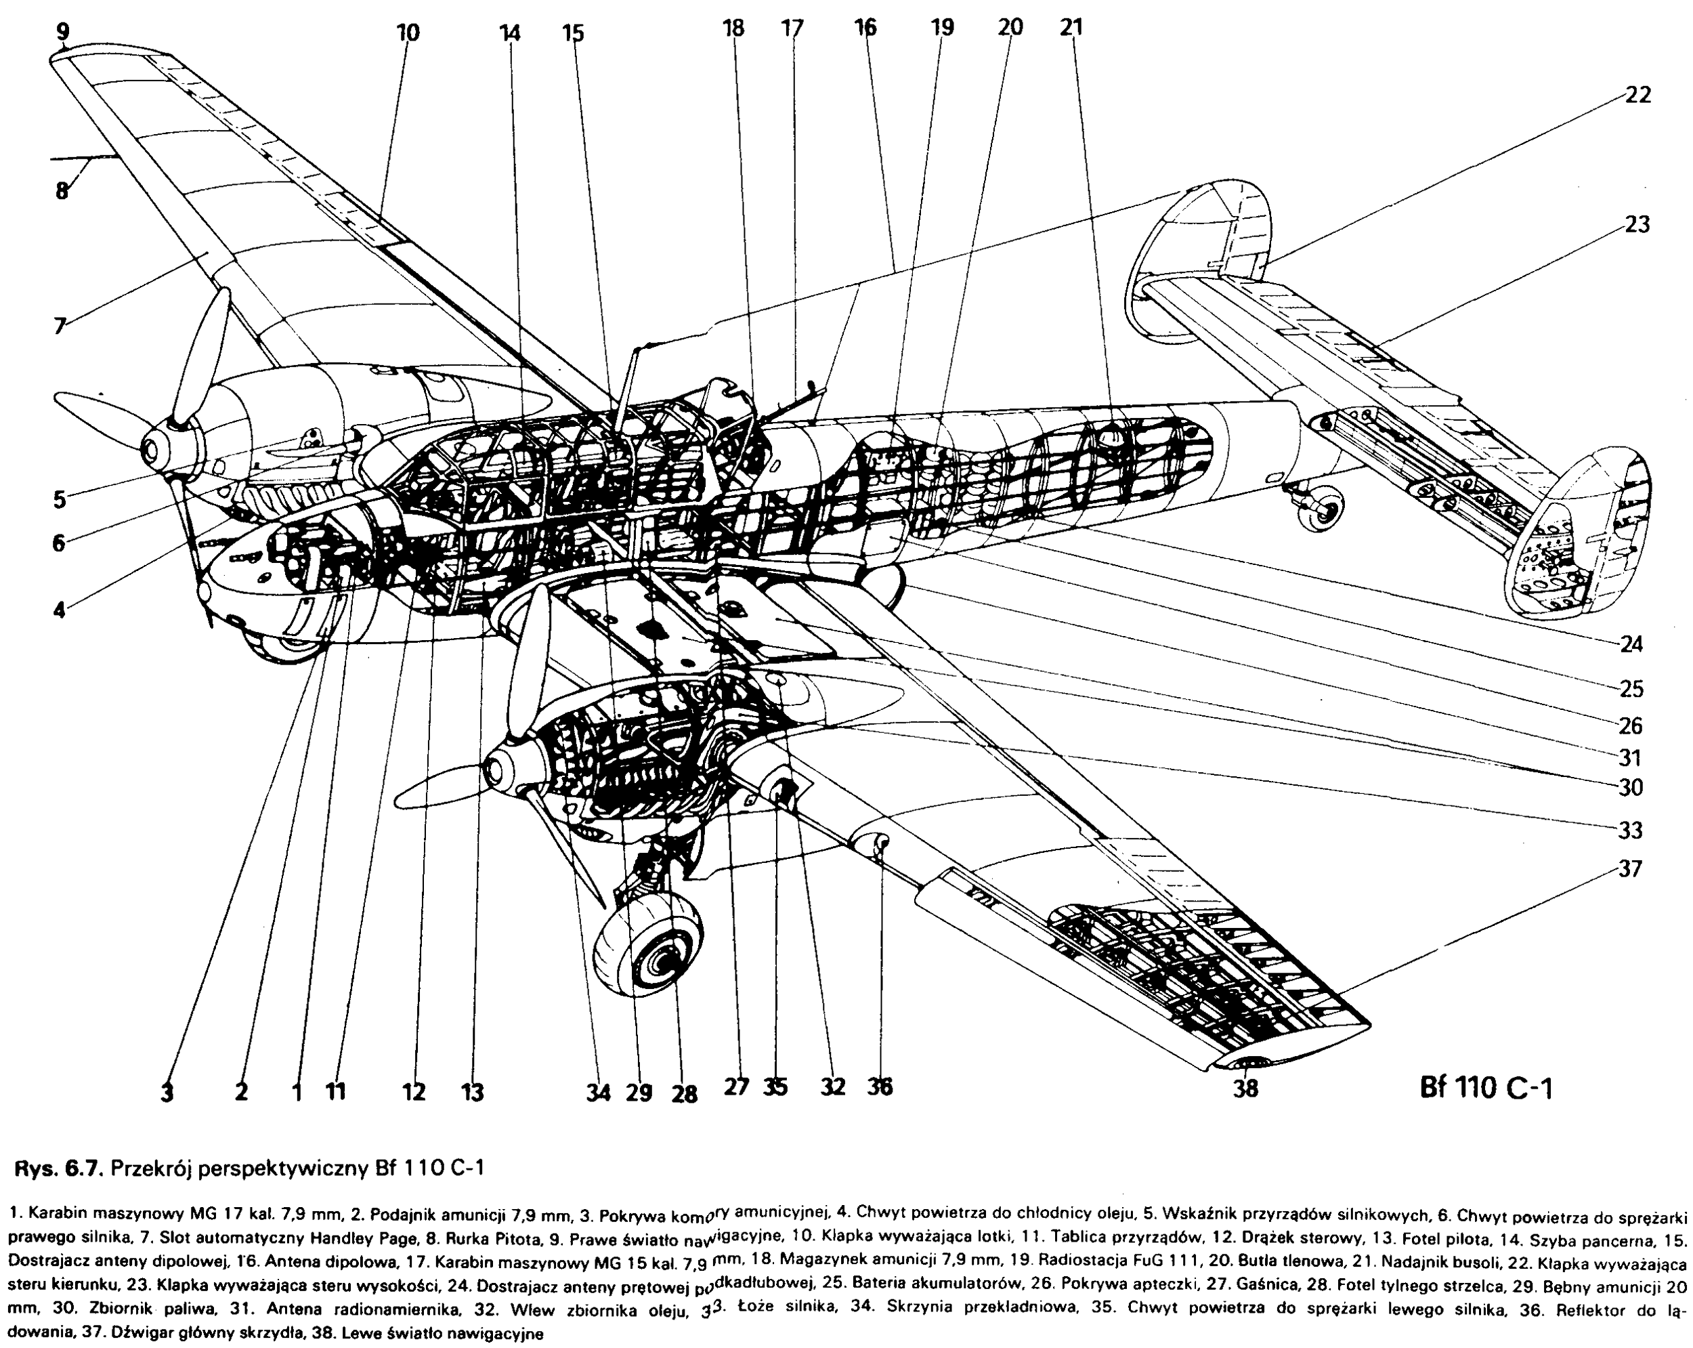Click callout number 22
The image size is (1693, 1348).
(1637, 96)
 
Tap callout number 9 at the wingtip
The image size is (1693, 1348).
(63, 33)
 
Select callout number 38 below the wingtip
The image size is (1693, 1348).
(1247, 1089)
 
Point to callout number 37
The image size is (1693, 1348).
(1630, 869)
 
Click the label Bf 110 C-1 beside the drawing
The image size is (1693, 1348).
(1486, 1088)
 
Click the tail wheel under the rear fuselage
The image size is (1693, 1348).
(1321, 509)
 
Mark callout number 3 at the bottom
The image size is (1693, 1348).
(167, 1093)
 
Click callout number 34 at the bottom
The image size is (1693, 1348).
(599, 1093)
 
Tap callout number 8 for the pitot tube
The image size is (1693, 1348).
(61, 191)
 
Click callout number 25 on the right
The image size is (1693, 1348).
(1630, 689)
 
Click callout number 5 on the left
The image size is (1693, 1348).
(60, 498)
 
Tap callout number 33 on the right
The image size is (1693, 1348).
(1630, 830)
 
